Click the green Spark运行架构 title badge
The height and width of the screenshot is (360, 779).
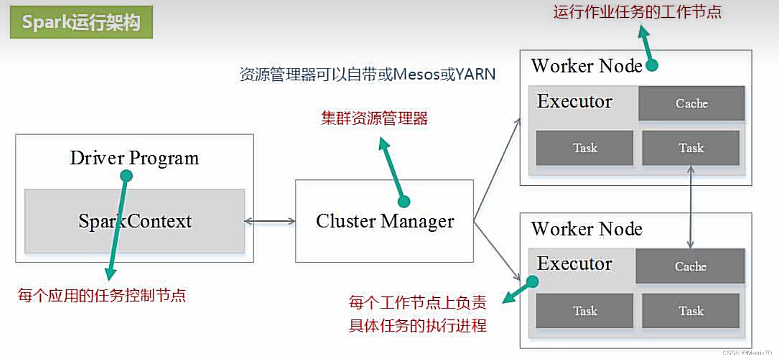click(81, 22)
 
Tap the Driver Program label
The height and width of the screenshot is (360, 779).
click(134, 158)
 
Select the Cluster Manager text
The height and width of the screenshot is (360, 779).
click(384, 221)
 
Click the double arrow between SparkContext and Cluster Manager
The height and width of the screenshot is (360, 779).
click(270, 221)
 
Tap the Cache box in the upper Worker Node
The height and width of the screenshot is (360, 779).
click(691, 103)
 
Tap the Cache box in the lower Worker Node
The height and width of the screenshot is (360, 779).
click(690, 266)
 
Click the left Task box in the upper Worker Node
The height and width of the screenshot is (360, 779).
click(585, 148)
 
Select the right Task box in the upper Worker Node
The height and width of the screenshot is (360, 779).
click(691, 148)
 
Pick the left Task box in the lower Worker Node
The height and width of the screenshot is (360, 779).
click(585, 311)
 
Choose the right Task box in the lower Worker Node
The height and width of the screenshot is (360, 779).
click(691, 311)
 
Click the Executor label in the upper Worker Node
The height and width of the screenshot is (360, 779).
click(575, 101)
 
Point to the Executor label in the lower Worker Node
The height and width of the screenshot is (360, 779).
click(575, 264)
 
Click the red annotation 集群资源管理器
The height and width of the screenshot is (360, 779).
click(374, 118)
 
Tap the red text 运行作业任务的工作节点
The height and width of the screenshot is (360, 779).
click(637, 12)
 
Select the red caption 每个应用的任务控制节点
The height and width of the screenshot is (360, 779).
click(102, 295)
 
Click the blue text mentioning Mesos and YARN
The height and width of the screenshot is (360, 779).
click(367, 74)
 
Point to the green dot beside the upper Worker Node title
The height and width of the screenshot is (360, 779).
click(652, 65)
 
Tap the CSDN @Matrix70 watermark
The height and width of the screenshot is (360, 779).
click(746, 353)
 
